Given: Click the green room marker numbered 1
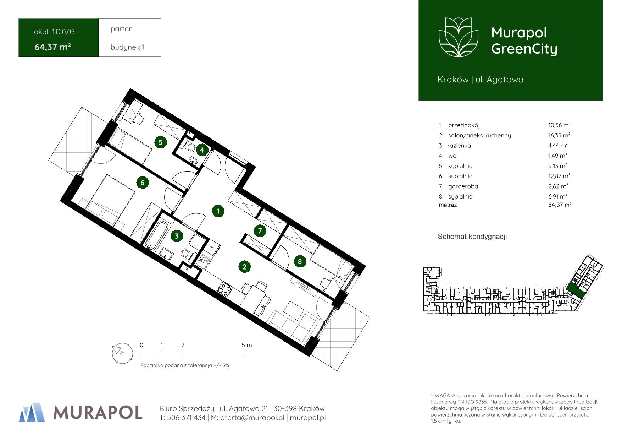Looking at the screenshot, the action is tap(218, 211).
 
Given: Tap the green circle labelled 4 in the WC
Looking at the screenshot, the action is tap(202, 150).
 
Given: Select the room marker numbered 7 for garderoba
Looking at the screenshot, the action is tap(260, 231).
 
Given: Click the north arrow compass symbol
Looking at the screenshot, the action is tap(122, 353).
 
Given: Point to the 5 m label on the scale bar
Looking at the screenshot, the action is tap(247, 345).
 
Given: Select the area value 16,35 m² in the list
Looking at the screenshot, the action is tap(559, 135).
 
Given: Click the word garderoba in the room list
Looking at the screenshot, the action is tap(463, 186).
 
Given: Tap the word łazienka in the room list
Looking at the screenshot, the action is tap(459, 145).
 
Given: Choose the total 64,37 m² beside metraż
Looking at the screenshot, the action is tap(560, 205).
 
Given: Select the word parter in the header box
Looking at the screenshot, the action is tap(121, 29).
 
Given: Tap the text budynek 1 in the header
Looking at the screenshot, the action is tap(128, 47).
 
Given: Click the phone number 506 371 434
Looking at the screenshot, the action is tap(186, 418).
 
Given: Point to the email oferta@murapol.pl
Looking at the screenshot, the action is tap(252, 418).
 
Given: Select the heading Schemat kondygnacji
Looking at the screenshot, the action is tap(472, 237).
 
